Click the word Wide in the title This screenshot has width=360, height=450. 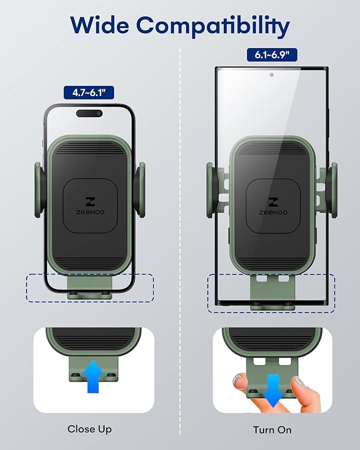coord(100,25)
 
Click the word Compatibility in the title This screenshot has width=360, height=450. coord(213,26)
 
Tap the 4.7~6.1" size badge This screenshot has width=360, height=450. coord(89,92)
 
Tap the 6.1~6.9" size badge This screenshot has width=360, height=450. coord(272,55)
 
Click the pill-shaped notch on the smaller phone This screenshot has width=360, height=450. coord(89,113)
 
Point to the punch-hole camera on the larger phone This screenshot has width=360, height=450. coord(271,75)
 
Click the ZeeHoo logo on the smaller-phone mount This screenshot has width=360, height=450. coord(90,206)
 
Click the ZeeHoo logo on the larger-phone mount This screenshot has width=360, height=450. coord(273,206)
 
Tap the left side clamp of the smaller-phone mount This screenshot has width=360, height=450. coord(40,190)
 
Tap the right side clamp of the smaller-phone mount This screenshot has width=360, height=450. coord(140,190)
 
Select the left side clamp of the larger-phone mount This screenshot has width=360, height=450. coord(213,190)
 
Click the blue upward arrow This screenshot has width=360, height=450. coord(93,376)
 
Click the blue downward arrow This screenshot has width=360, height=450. coord(273,390)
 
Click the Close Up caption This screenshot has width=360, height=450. coord(90,429)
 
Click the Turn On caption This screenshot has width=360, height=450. coord(272,430)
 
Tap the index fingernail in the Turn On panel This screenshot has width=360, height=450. coord(301,382)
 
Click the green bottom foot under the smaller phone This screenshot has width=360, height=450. coord(90,288)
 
